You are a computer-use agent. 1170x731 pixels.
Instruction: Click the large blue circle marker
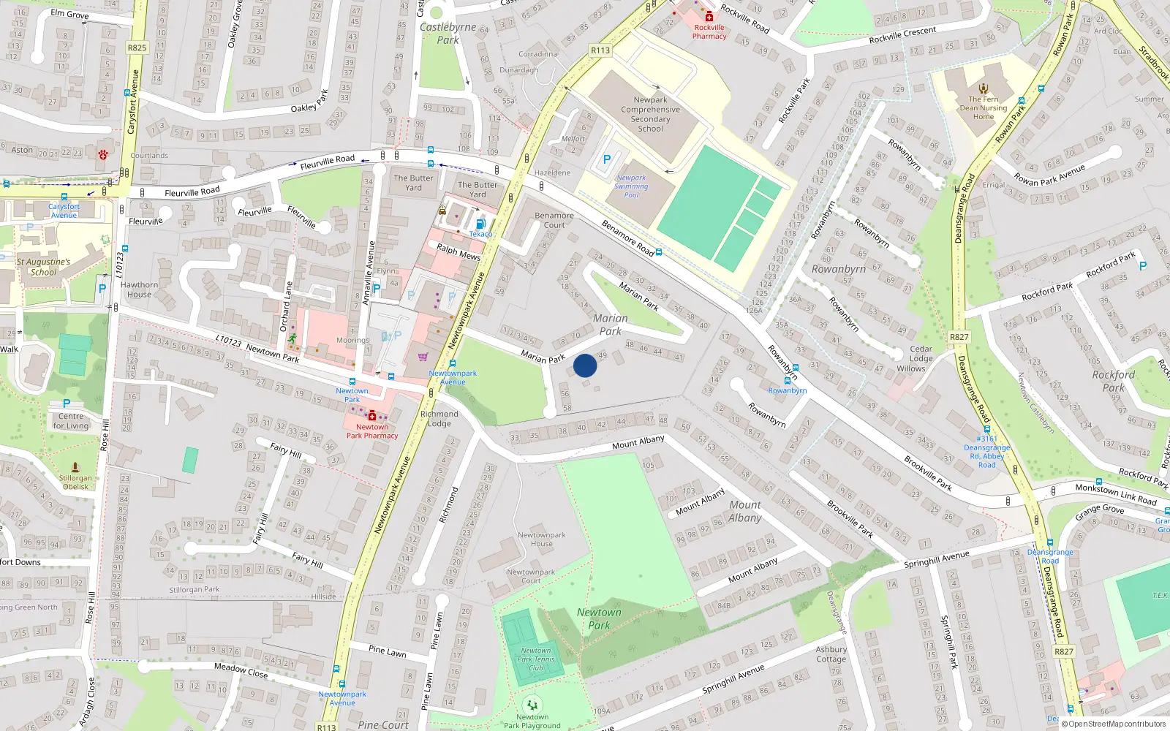pyautogui.click(x=585, y=365)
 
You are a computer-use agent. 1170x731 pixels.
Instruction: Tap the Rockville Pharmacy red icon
pyautogui.click(x=708, y=16)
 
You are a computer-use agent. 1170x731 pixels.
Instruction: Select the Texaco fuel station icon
pyautogui.click(x=480, y=224)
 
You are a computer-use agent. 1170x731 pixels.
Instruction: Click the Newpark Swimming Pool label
pyautogui.click(x=631, y=186)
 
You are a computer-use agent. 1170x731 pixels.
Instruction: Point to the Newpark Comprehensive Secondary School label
pyautogui.click(x=650, y=114)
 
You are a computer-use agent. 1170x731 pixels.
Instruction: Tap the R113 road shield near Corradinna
pyautogui.click(x=600, y=50)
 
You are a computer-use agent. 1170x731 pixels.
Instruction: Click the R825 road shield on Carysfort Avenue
pyautogui.click(x=137, y=48)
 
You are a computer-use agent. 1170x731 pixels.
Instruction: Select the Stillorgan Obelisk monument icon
pyautogui.click(x=75, y=466)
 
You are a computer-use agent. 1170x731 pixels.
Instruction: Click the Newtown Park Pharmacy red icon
pyautogui.click(x=372, y=415)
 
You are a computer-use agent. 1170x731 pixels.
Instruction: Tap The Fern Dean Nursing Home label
pyautogui.click(x=984, y=107)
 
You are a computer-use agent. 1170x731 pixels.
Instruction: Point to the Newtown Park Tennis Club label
pyautogui.click(x=536, y=659)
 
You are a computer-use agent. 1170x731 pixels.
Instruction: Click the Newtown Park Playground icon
pyautogui.click(x=532, y=705)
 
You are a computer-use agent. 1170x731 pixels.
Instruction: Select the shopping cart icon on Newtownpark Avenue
pyautogui.click(x=423, y=357)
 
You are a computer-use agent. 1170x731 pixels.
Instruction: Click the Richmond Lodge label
pyautogui.click(x=439, y=418)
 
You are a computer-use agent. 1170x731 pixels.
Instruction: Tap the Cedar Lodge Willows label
pyautogui.click(x=921, y=358)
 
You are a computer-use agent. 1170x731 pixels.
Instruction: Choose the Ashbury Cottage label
pyautogui.click(x=831, y=654)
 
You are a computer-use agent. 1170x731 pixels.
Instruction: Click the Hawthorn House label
pyautogui.click(x=139, y=289)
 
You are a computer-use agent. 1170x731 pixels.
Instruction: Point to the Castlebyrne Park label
pyautogui.click(x=448, y=34)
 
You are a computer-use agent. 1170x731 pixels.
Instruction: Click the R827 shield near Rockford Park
pyautogui.click(x=959, y=337)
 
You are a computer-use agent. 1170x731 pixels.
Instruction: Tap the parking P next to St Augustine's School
pyautogui.click(x=102, y=289)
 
